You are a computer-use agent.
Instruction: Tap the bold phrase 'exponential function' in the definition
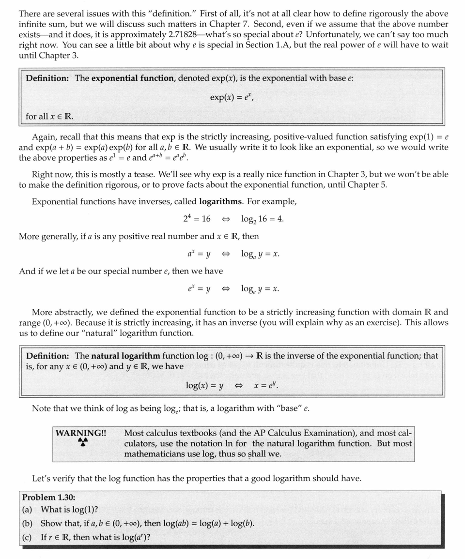pos(132,78)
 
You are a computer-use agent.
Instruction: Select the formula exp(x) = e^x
pos(232,97)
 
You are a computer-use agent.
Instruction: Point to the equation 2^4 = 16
pos(197,219)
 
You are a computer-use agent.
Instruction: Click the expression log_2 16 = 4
pos(262,219)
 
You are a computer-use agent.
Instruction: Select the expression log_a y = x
pos(260,254)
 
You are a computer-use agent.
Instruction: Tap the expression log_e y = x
pos(260,289)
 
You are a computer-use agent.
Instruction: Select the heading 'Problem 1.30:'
pos(49,497)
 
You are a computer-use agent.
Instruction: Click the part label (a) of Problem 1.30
pos(27,510)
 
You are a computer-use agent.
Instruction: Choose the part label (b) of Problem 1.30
pos(28,523)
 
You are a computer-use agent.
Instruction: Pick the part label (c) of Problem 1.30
pos(27,537)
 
